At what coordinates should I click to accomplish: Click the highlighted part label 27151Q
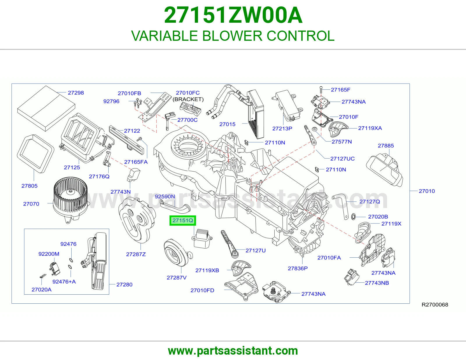(x=183, y=220)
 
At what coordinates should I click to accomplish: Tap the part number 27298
(x=76, y=93)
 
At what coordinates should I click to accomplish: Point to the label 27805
(x=29, y=186)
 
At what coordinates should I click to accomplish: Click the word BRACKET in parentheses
(x=188, y=99)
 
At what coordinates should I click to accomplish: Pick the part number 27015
(x=227, y=124)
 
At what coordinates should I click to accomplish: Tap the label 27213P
(x=282, y=128)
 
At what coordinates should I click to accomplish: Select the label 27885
(x=386, y=146)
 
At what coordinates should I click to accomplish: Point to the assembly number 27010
(x=427, y=191)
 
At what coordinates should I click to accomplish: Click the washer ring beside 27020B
(x=353, y=217)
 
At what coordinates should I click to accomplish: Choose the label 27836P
(x=298, y=268)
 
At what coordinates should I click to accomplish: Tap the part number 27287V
(x=176, y=278)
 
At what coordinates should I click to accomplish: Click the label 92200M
(x=49, y=254)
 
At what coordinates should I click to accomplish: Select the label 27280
(x=124, y=284)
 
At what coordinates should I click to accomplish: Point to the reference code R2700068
(x=435, y=305)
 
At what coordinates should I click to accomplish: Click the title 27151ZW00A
(x=233, y=15)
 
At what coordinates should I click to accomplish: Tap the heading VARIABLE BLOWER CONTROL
(x=233, y=36)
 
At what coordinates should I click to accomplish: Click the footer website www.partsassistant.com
(x=233, y=351)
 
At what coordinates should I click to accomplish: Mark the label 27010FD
(x=202, y=290)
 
